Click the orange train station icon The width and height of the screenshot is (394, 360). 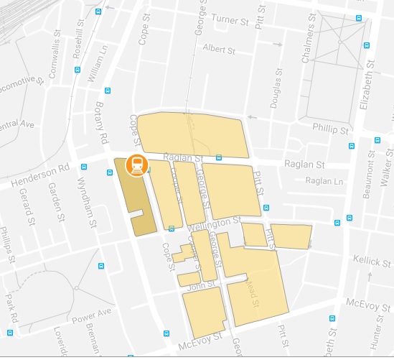click(x=135, y=165)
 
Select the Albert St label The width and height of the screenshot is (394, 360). click(x=219, y=50)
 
